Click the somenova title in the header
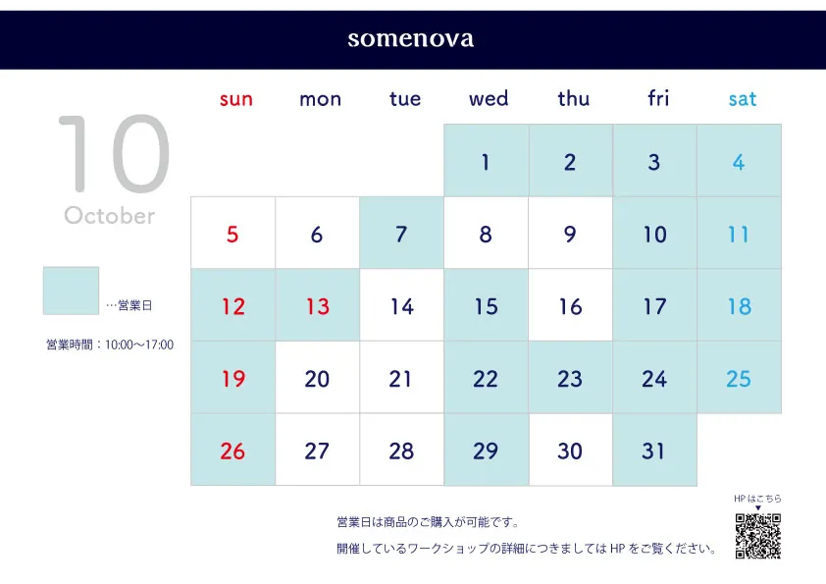(410, 39)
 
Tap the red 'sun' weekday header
(236, 99)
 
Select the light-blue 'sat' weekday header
(743, 99)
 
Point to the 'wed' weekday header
(489, 98)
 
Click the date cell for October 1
(487, 161)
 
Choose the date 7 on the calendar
(401, 234)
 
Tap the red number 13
(318, 306)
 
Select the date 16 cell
(571, 305)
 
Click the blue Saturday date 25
(739, 379)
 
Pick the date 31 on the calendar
(654, 450)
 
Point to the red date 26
(232, 451)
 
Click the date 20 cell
(318, 377)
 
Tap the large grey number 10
(114, 153)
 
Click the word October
(110, 216)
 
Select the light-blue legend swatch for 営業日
(71, 291)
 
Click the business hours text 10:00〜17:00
(139, 345)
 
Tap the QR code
(758, 536)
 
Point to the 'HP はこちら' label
(757, 499)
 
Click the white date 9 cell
(571, 234)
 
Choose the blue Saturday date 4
(739, 162)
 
